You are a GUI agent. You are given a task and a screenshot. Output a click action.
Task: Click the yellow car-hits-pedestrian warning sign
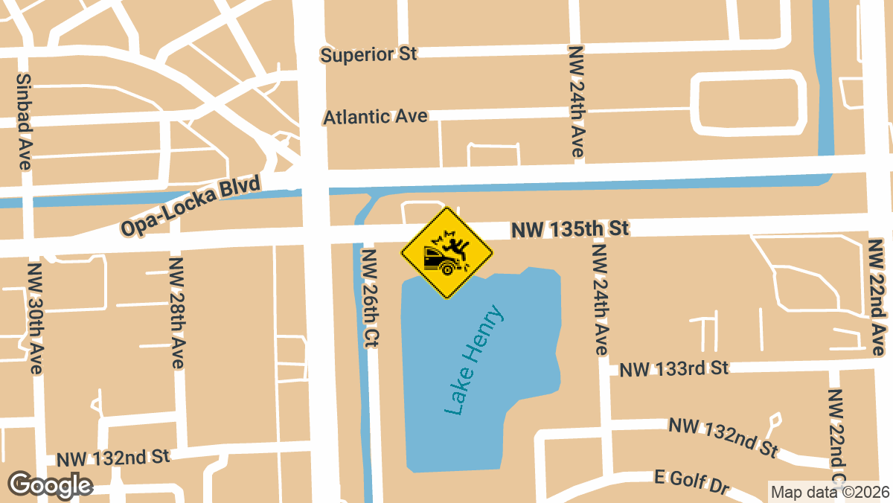446,254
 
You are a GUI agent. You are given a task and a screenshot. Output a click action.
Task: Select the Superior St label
368,54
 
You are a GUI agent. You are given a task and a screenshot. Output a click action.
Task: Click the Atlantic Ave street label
375,117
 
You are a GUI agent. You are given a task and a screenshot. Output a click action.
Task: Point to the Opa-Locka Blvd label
191,206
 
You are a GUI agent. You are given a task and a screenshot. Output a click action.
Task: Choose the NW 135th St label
570,229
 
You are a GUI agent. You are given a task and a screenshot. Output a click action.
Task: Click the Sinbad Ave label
23,121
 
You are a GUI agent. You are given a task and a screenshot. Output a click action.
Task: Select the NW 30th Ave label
35,317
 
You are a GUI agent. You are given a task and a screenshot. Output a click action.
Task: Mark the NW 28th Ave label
176,313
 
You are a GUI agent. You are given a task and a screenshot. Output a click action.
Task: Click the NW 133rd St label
674,368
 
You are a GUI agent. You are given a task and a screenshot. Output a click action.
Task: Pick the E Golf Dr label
691,481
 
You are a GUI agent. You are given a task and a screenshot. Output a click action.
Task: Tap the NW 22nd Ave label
878,295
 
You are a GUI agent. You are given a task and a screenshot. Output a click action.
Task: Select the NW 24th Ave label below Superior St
576,101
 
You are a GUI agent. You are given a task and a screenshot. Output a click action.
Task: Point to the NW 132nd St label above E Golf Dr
723,437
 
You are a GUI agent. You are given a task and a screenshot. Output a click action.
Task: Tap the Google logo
50,485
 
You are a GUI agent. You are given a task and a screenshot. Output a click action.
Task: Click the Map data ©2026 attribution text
829,492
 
